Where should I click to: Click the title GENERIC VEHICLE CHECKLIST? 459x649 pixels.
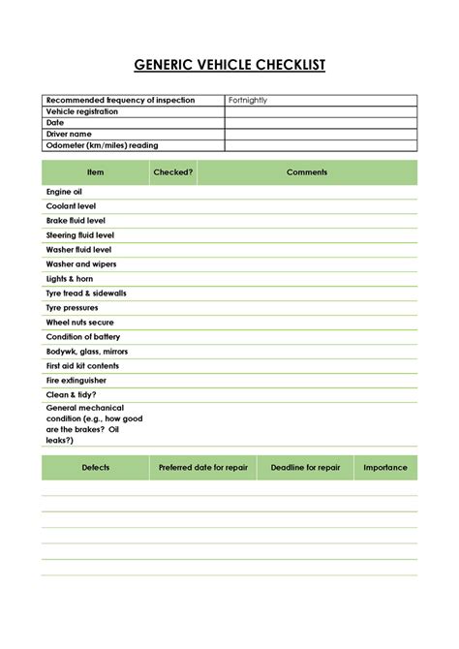pyautogui.click(x=229, y=65)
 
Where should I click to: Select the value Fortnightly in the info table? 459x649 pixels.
pyautogui.click(x=248, y=101)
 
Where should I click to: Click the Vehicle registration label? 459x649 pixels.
pyautogui.click(x=82, y=111)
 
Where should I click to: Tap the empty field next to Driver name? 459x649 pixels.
pyautogui.click(x=321, y=134)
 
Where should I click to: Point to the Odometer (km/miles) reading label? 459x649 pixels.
pyautogui.click(x=102, y=145)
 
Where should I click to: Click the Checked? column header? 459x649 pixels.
pyautogui.click(x=173, y=172)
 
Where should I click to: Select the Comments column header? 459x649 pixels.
pyautogui.click(x=307, y=172)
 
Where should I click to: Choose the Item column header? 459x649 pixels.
pyautogui.click(x=95, y=172)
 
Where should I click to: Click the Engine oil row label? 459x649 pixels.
pyautogui.click(x=64, y=193)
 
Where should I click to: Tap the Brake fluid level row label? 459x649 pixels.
pyautogui.click(x=76, y=221)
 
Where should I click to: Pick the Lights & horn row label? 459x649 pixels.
pyautogui.click(x=70, y=279)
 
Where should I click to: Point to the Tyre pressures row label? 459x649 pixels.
pyautogui.click(x=72, y=308)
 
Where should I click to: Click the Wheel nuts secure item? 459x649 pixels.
pyautogui.click(x=79, y=323)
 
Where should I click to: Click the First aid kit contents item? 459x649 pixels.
pyautogui.click(x=82, y=366)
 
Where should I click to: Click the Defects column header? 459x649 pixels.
pyautogui.click(x=95, y=468)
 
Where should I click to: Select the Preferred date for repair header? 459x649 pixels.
pyautogui.click(x=203, y=468)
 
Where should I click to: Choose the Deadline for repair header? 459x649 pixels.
pyautogui.click(x=305, y=468)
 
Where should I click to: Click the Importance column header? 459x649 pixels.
pyautogui.click(x=384, y=468)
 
